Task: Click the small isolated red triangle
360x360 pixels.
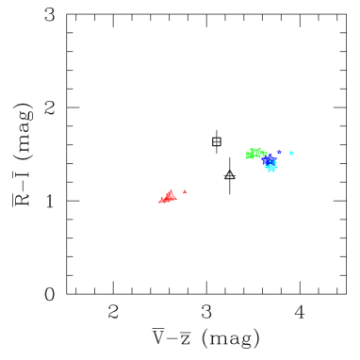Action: (x=185, y=192)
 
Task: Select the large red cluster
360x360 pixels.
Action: (x=168, y=198)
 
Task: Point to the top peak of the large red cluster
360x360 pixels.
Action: (x=170, y=190)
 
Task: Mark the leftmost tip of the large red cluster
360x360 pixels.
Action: (x=158, y=202)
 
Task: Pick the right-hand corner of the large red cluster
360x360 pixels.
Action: (x=176, y=200)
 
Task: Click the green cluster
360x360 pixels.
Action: (x=254, y=153)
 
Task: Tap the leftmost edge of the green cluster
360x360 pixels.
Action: (x=245, y=155)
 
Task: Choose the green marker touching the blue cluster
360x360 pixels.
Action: (x=264, y=154)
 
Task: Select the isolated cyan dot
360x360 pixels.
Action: (x=291, y=153)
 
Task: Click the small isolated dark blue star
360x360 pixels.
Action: (x=279, y=152)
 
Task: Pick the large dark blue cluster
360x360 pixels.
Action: (x=270, y=159)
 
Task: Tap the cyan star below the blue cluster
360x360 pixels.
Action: (x=271, y=169)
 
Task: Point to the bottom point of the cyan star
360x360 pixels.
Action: (x=271, y=173)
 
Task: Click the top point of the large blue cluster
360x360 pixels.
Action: (x=270, y=154)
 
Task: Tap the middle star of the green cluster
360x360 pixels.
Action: (x=254, y=152)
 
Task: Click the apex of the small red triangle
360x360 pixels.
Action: (x=185, y=190)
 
